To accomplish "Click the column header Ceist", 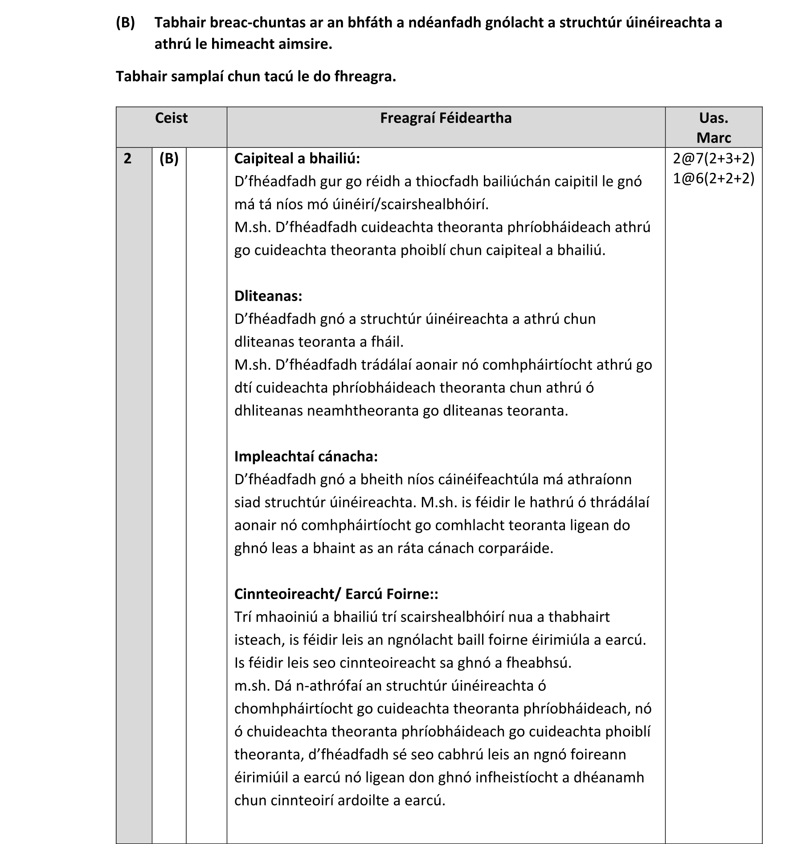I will point(171,118).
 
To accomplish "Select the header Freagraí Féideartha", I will point(446,118).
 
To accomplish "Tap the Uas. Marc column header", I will point(713,128).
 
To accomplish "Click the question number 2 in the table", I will point(128,159).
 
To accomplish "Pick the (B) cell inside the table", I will point(169,159).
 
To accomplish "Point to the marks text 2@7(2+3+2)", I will point(713,159).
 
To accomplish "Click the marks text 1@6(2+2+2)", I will point(713,179).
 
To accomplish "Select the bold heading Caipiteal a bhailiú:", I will point(297,159).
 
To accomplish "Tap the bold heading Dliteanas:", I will point(268,296).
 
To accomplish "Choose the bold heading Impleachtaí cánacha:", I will point(306,457).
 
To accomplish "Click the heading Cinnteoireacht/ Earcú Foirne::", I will point(336,594).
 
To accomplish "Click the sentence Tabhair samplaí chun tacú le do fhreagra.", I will point(256,77).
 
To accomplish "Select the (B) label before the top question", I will point(125,23).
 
